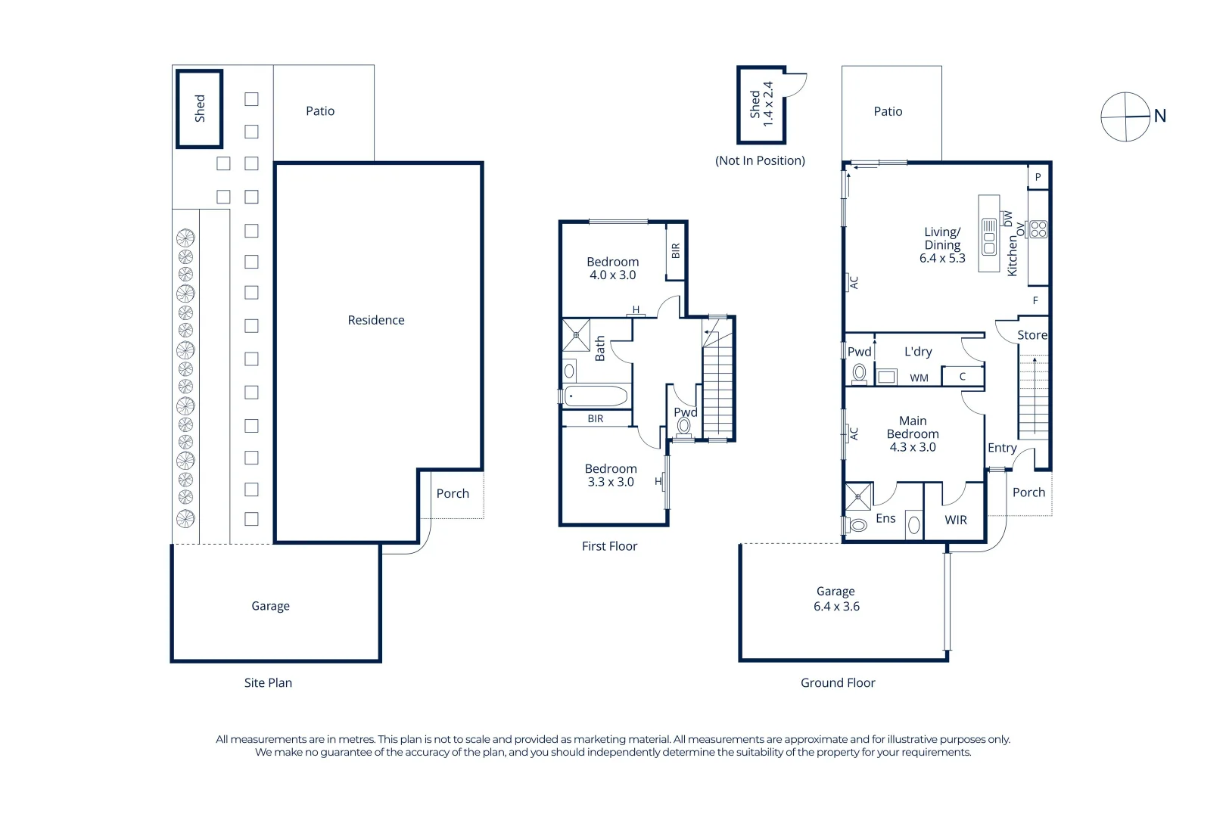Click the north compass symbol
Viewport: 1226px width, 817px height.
(1125, 116)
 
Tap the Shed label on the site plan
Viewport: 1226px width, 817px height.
(200, 108)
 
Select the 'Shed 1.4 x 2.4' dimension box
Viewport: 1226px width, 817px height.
(761, 104)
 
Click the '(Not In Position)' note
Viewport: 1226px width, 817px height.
(760, 160)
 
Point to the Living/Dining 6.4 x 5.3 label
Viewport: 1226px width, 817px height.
(942, 245)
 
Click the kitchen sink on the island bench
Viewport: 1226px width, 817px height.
(989, 237)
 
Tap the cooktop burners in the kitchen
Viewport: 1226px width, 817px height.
(1038, 229)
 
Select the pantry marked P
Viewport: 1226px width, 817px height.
(1038, 177)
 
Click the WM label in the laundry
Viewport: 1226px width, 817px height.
(919, 377)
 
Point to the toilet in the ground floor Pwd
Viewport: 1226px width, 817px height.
(859, 373)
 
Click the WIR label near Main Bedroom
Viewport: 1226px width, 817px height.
(956, 520)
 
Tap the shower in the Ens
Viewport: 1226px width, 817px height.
(858, 497)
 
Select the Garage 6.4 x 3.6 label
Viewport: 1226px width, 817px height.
(836, 598)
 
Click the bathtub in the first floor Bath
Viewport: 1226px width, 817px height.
(596, 396)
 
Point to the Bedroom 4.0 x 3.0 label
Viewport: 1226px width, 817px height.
(612, 269)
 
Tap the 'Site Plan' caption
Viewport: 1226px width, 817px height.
(268, 682)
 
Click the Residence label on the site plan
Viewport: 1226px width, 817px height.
(376, 320)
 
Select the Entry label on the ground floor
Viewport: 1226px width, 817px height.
(1002, 448)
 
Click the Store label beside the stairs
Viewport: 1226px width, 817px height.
(1032, 335)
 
